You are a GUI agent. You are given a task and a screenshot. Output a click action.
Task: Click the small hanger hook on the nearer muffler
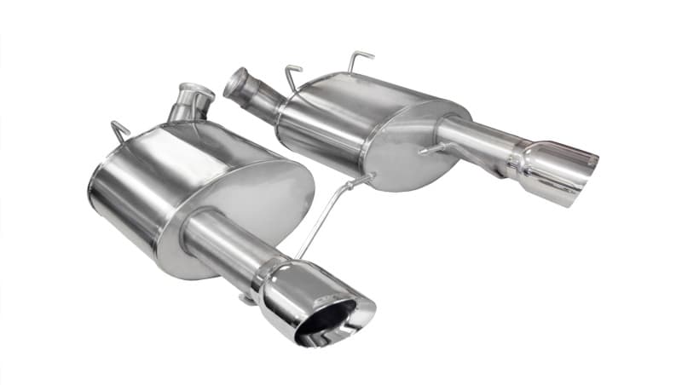[x=119, y=131]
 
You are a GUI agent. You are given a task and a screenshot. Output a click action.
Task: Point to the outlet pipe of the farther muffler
[x=473, y=140]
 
